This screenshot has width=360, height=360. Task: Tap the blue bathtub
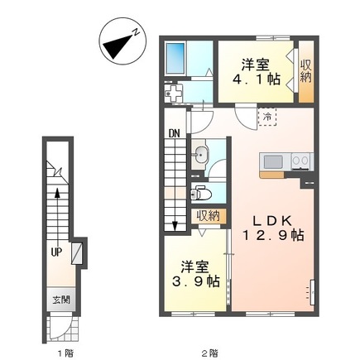pyautogui.click(x=175, y=58)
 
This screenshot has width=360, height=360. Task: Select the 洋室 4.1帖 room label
pyautogui.click(x=256, y=72)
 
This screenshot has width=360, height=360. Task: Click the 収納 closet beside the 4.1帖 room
pyautogui.click(x=306, y=71)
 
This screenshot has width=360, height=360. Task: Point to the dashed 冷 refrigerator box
pyautogui.click(x=267, y=117)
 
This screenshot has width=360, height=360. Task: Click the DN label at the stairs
pyautogui.click(x=175, y=134)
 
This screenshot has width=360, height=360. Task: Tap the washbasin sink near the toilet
pyautogui.click(x=201, y=155)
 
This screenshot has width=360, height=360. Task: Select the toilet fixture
pyautogui.click(x=201, y=193)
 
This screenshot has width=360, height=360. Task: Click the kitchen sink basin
pyautogui.click(x=273, y=161)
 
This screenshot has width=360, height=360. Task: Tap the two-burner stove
pyautogui.click(x=301, y=161)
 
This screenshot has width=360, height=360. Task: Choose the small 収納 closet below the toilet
pyautogui.click(x=209, y=216)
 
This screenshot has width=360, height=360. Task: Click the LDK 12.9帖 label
pyautogui.click(x=272, y=228)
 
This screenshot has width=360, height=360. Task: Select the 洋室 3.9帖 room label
pyautogui.click(x=196, y=274)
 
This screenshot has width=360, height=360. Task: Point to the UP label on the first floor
pyautogui.click(x=56, y=252)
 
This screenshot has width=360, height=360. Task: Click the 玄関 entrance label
pyautogui.click(x=61, y=300)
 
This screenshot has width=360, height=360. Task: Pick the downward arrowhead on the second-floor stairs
pyautogui.click(x=175, y=226)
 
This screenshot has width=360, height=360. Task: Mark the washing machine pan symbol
pyautogui.click(x=174, y=93)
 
